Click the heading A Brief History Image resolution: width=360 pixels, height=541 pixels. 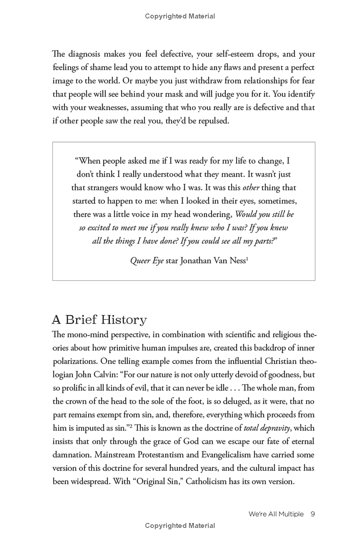(x=99, y=320)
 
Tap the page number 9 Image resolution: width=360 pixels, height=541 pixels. (x=312, y=514)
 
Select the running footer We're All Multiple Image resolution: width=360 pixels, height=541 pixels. (x=276, y=514)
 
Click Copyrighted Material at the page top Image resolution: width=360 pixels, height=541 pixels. (x=180, y=16)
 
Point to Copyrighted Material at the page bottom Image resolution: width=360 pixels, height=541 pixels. (x=180, y=526)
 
